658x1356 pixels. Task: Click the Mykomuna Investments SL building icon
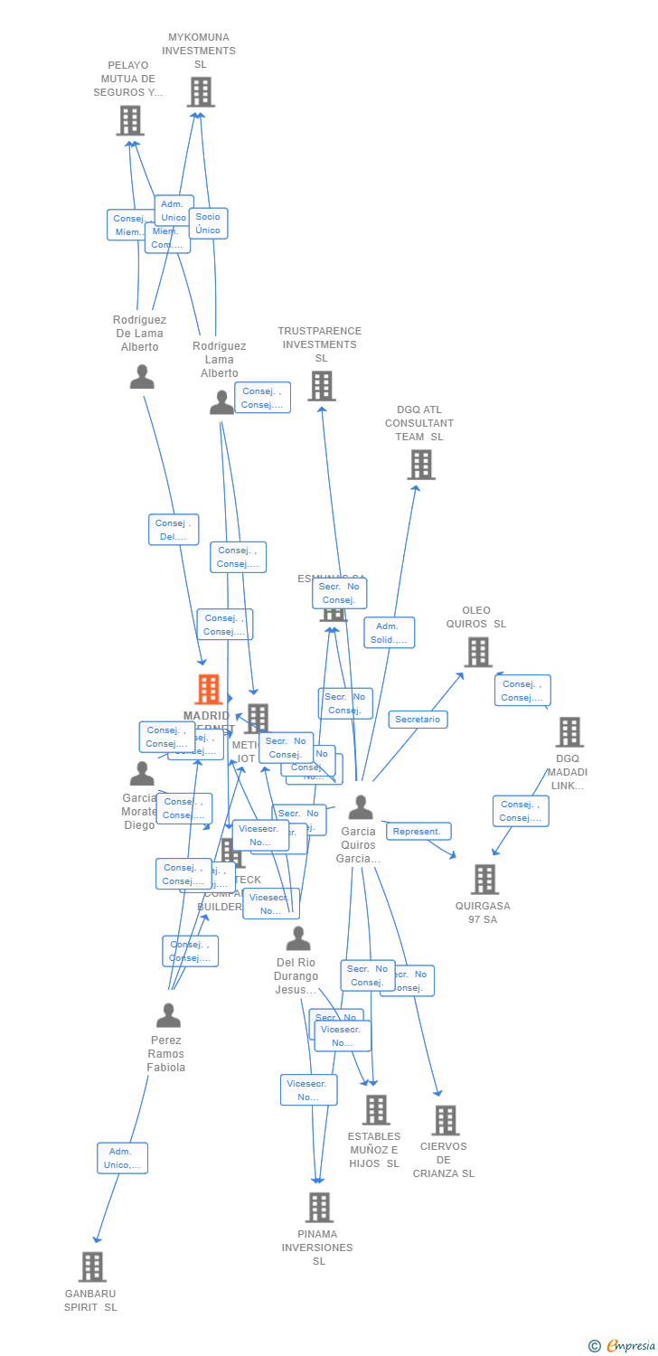pyautogui.click(x=201, y=92)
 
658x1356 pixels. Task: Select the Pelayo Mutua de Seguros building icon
pyautogui.click(x=130, y=120)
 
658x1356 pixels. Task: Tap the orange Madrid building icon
pyautogui.click(x=209, y=690)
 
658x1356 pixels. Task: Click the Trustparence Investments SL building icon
pyautogui.click(x=322, y=386)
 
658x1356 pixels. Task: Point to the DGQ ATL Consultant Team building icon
pyautogui.click(x=421, y=465)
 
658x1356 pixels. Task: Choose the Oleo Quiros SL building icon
pyautogui.click(x=478, y=652)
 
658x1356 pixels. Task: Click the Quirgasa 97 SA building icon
pyautogui.click(x=484, y=880)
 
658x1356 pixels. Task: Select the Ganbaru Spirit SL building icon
pyautogui.click(x=92, y=1267)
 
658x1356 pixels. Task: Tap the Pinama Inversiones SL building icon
pyautogui.click(x=318, y=1208)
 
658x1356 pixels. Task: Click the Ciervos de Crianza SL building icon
pyautogui.click(x=445, y=1121)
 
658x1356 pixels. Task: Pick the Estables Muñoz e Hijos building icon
pyautogui.click(x=376, y=1110)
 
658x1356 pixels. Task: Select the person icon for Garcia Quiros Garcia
pyautogui.click(x=361, y=807)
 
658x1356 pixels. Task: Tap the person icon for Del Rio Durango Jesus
pyautogui.click(x=298, y=939)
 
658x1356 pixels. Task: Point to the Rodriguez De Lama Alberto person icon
pyautogui.click(x=142, y=377)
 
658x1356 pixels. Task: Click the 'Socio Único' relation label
pyautogui.click(x=208, y=223)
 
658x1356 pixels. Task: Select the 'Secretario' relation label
pyautogui.click(x=418, y=720)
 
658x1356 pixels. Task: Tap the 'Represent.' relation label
pyautogui.click(x=417, y=832)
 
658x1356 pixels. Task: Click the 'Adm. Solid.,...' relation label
pyautogui.click(x=389, y=633)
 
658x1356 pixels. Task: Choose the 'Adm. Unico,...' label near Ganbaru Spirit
pyautogui.click(x=122, y=1158)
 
